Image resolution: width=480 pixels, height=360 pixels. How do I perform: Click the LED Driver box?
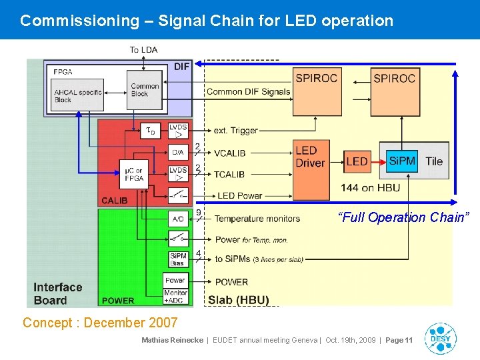tap(311, 157)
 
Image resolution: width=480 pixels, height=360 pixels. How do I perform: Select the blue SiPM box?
tap(402, 161)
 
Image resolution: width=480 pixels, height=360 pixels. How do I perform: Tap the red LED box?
tap(357, 161)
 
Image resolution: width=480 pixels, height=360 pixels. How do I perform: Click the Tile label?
tap(434, 161)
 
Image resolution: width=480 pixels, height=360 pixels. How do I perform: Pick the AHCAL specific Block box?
tap(77, 95)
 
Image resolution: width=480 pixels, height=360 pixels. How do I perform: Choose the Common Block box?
tap(144, 89)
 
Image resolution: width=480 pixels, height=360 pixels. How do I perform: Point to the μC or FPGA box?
tap(133, 174)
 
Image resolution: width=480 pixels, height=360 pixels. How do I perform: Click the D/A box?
tap(178, 153)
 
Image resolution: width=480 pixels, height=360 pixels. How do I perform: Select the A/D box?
tap(178, 218)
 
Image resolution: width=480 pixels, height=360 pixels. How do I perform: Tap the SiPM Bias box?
tap(178, 259)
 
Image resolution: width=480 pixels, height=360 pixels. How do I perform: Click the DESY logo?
tap(440, 339)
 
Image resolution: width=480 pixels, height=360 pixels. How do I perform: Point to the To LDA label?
tap(143, 50)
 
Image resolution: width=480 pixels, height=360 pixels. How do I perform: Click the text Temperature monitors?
tap(257, 219)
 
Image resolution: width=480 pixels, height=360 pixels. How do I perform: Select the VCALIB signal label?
tap(230, 153)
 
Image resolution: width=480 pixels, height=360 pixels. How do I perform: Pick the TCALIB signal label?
tap(230, 174)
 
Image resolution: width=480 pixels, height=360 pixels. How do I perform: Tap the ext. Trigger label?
tap(235, 131)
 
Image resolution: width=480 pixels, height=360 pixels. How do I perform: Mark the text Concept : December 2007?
tap(100, 323)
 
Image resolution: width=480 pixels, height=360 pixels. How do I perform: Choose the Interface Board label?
tap(58, 293)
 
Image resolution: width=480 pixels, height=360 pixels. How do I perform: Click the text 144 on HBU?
tap(371, 187)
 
